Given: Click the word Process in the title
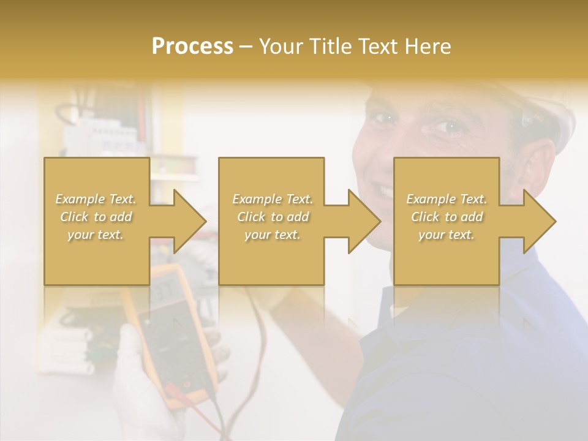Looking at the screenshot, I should [x=192, y=47].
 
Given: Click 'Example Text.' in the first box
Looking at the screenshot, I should [x=96, y=199].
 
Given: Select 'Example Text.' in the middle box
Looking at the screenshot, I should [x=273, y=199].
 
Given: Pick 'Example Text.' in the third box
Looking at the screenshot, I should [x=447, y=199].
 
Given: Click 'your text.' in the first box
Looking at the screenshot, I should [x=96, y=235].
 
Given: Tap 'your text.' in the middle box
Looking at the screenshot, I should [x=273, y=235].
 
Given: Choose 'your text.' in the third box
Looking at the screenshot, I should [x=447, y=235].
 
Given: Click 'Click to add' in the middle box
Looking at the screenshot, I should [x=273, y=217].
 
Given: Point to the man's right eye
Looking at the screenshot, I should [x=384, y=118].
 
